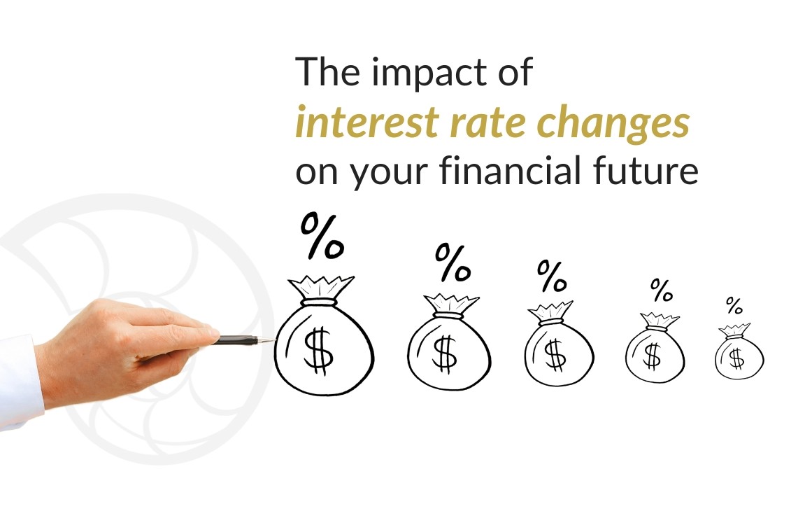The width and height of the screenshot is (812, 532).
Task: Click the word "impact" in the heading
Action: click(430, 73)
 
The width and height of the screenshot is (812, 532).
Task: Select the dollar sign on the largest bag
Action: click(318, 350)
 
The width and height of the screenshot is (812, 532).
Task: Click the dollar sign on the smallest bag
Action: click(737, 358)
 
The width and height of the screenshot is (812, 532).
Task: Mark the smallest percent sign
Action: click(734, 305)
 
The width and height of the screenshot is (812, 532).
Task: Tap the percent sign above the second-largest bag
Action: click(453, 263)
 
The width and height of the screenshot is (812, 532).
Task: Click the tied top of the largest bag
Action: click(321, 288)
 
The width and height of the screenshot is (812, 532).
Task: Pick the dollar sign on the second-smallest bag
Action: click(652, 356)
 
